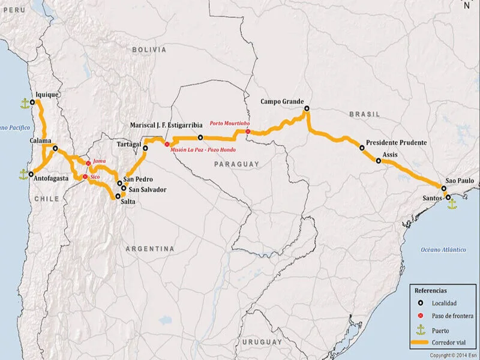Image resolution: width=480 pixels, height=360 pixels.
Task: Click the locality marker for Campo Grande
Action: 307,109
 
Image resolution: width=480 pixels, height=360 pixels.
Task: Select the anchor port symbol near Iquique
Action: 25,104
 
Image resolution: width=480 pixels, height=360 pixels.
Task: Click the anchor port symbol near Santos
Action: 452,204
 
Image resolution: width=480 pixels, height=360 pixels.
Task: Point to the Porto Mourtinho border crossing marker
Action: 248,131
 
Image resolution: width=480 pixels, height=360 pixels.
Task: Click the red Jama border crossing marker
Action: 88,163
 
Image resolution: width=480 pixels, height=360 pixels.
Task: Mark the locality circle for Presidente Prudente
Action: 362,148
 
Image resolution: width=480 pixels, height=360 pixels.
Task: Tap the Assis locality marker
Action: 378,160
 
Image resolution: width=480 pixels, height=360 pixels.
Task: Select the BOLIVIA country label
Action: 149,50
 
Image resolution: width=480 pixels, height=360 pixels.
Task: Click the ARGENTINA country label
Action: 150,248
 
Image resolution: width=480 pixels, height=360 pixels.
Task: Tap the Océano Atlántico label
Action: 443,249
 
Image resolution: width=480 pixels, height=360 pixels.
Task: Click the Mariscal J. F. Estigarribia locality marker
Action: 200,137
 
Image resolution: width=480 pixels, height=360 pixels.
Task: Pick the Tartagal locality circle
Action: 146,147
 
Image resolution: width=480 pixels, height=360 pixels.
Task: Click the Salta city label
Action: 128,202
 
